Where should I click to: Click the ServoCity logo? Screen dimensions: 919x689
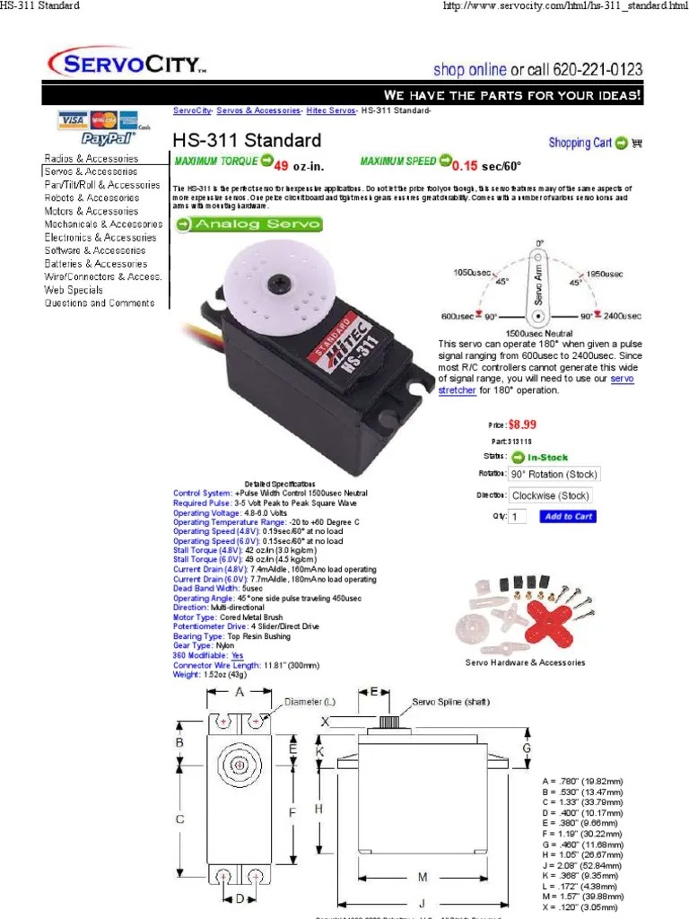tap(126, 64)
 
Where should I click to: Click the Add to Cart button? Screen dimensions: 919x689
tap(568, 517)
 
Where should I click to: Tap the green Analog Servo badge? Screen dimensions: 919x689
tap(236, 224)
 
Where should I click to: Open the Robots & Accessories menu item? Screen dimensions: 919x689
tap(92, 197)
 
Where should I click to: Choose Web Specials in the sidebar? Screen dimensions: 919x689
tap(74, 290)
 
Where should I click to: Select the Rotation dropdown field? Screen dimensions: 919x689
tap(554, 474)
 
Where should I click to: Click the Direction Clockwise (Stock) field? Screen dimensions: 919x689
tap(550, 495)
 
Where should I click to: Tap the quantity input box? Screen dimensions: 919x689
tap(518, 517)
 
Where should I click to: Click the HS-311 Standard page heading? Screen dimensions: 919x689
tap(246, 141)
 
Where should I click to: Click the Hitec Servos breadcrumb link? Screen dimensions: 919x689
tap(330, 110)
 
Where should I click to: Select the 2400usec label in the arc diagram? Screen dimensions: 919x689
tap(622, 317)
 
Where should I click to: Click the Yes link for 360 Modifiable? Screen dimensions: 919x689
tap(237, 656)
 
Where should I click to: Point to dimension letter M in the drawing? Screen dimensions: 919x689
tap(422, 875)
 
